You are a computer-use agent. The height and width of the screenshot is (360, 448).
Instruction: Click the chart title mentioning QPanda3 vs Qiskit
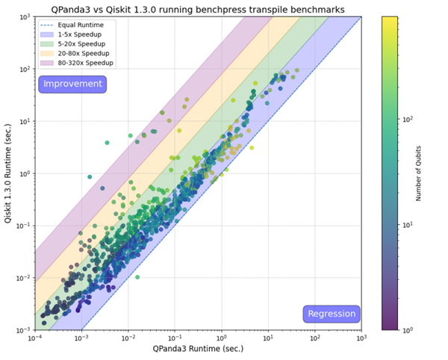(198, 9)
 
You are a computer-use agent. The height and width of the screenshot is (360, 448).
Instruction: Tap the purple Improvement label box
(72, 84)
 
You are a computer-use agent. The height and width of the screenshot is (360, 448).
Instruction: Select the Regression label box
(332, 314)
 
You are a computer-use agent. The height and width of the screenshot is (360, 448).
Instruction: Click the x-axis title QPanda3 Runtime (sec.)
(197, 350)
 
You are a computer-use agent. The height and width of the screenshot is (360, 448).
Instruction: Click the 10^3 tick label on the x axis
(361, 338)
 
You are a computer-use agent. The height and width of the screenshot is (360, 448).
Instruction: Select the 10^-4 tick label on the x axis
(34, 338)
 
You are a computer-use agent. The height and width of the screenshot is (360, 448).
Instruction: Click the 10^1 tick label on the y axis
(23, 121)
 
